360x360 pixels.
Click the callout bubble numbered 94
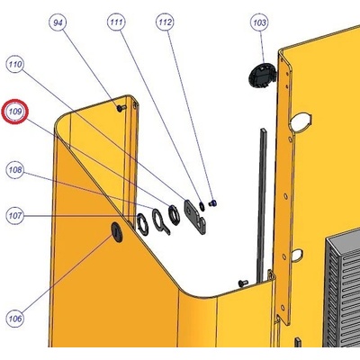[x=58, y=22]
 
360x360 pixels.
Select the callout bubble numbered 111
[x=116, y=22]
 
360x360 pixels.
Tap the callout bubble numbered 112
[x=166, y=22]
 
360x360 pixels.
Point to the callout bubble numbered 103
[x=259, y=22]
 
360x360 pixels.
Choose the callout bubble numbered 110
[x=15, y=64]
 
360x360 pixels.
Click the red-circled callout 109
[x=15, y=112]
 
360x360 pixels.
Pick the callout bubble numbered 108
[x=15, y=170]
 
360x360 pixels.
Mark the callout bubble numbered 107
[x=15, y=216]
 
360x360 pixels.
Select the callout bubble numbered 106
[x=15, y=319]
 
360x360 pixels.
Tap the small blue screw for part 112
[x=213, y=203]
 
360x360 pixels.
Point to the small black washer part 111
[x=202, y=205]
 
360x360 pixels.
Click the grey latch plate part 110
[x=194, y=217]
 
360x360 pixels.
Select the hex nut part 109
[x=174, y=215]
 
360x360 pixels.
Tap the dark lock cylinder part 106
[x=117, y=232]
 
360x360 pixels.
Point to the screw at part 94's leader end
[x=121, y=108]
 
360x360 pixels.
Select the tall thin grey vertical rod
[x=262, y=205]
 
